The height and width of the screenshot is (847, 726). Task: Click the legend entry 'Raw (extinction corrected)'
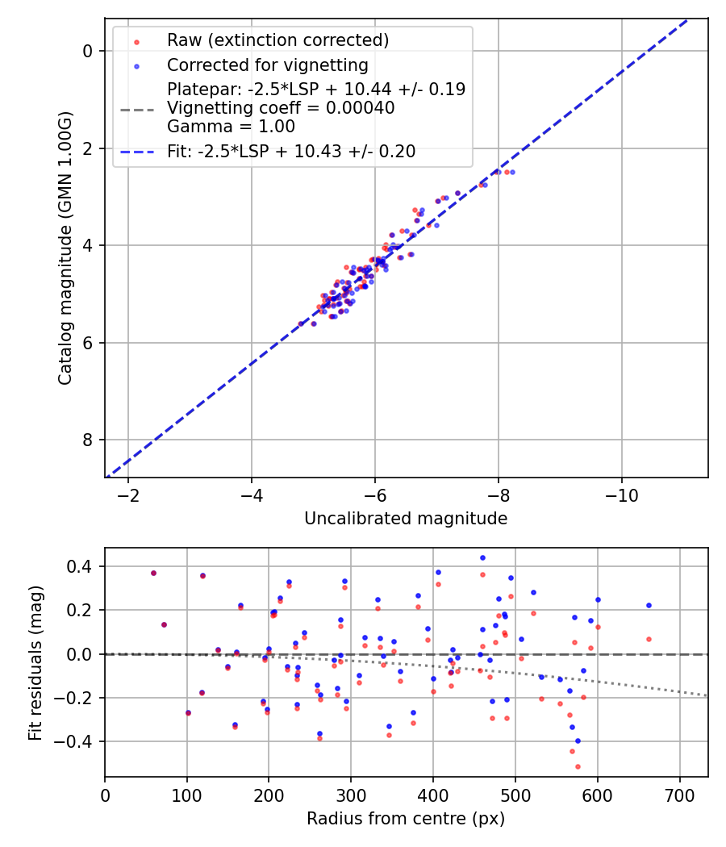coord(277,40)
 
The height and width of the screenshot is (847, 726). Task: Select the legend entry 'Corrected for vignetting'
coord(267,65)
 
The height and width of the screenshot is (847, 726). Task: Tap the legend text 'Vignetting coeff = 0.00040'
coord(281,108)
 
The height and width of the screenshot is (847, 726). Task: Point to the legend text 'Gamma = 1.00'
coord(231,127)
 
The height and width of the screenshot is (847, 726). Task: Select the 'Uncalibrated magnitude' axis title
coord(406,519)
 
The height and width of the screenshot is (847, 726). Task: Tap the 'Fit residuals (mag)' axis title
coord(35,662)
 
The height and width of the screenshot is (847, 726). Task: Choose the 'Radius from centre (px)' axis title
coord(406,819)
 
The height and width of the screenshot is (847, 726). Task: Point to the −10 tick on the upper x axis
coord(621,493)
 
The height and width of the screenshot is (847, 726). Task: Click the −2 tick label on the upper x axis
coord(128,493)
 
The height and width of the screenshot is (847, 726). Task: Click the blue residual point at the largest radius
coord(649,605)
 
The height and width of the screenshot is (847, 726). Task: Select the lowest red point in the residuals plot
coord(578,766)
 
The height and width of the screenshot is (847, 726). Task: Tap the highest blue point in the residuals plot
coord(482,557)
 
